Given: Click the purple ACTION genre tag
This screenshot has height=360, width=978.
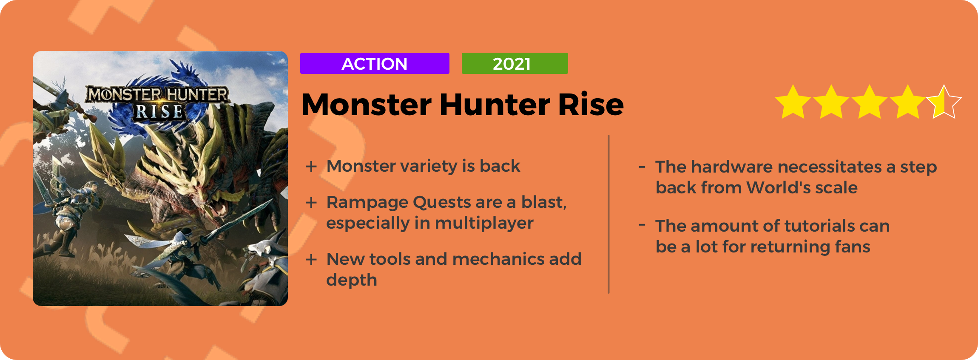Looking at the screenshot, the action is coord(375,63).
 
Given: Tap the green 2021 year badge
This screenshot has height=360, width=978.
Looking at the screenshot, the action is coord(515,63).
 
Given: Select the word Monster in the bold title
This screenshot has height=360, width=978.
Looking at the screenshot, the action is coord(367,105).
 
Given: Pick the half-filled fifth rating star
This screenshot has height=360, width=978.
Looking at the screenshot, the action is coord(944,102).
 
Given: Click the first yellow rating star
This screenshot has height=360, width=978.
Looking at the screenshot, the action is coord(793,102).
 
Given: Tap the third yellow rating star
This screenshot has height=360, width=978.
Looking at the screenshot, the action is coord(870,102).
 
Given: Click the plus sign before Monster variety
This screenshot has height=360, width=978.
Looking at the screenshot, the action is coord(311,166).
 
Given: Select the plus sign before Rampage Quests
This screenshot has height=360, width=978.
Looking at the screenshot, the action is coord(311,202).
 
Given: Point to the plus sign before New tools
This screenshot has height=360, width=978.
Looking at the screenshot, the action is coord(311,259).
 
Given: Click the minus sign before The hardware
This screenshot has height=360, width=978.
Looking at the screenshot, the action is coord(642,166).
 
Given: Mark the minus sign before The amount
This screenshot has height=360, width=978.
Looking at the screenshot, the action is coord(642,225).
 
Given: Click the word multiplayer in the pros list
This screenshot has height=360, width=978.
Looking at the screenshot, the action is coord(484,224).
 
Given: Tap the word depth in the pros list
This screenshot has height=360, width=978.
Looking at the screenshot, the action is coord(352,281).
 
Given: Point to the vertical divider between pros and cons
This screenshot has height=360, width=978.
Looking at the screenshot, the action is coord(609,214).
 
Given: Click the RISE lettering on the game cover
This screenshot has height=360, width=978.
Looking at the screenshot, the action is coord(159,112).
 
